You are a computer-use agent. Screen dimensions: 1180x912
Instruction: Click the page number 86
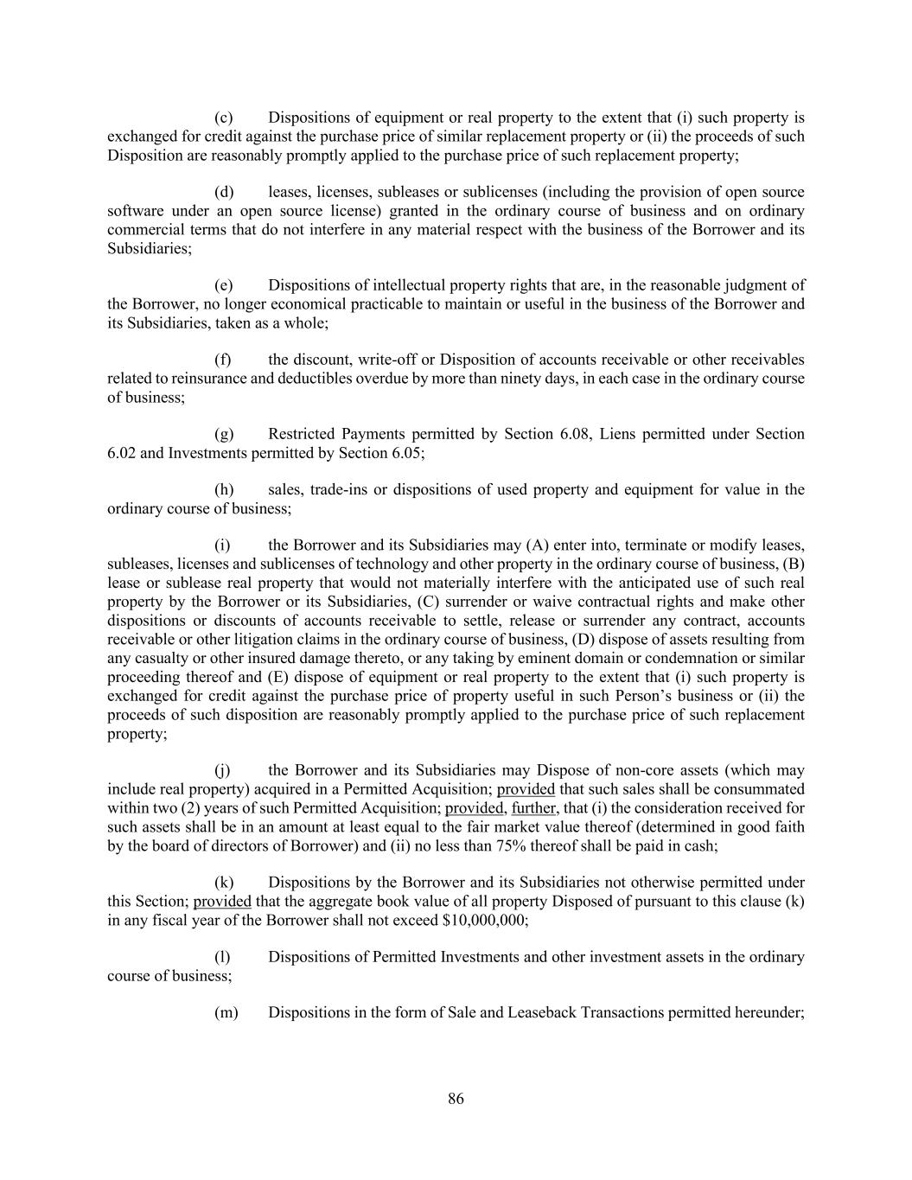coord(456,1099)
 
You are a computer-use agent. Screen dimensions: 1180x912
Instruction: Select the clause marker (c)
coord(223,118)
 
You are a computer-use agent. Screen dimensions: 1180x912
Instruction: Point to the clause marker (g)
coord(223,434)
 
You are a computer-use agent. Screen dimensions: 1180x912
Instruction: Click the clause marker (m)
coord(226,1012)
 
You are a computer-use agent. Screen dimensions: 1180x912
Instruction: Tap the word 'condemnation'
coord(687,659)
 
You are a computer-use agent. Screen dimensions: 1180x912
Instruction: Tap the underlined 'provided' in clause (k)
coord(222,902)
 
